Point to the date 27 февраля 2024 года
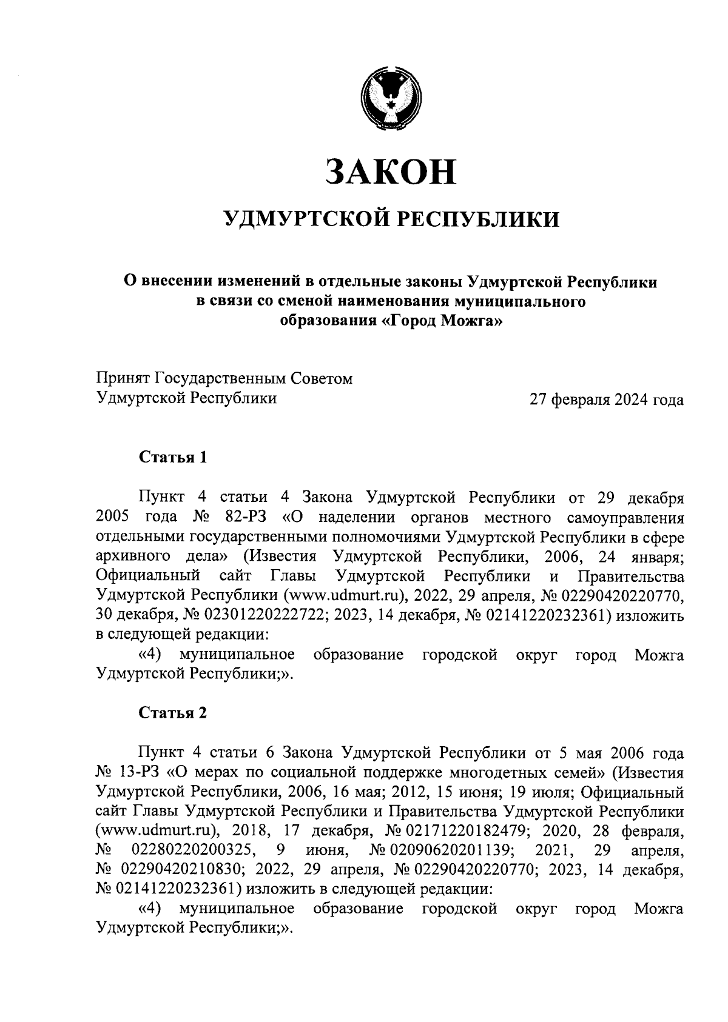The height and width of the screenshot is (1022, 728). point(607,399)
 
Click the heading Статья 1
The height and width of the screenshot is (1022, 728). point(173,457)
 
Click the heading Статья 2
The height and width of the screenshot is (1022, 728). point(173,713)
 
